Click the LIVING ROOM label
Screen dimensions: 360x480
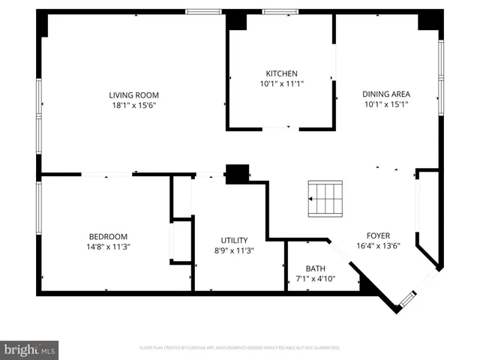click(134, 94)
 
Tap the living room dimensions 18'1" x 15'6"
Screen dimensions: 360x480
click(134, 105)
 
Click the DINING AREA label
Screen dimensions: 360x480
click(386, 94)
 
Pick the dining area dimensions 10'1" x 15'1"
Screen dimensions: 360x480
click(386, 104)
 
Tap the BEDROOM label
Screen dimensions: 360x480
click(108, 236)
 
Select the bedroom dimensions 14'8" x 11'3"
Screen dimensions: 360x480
click(108, 247)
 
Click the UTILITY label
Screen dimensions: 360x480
click(234, 240)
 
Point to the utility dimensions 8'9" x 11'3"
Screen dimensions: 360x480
click(234, 250)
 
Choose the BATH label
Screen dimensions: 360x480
click(315, 268)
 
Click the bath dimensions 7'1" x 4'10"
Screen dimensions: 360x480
click(315, 279)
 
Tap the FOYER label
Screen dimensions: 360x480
click(378, 235)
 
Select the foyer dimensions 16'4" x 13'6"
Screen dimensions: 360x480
click(378, 245)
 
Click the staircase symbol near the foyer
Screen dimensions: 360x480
click(325, 198)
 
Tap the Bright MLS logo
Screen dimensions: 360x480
click(30, 349)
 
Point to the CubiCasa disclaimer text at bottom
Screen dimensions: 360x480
click(240, 348)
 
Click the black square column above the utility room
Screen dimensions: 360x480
click(237, 174)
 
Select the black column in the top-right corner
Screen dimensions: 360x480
click(430, 20)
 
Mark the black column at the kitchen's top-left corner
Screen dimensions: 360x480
click(237, 21)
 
